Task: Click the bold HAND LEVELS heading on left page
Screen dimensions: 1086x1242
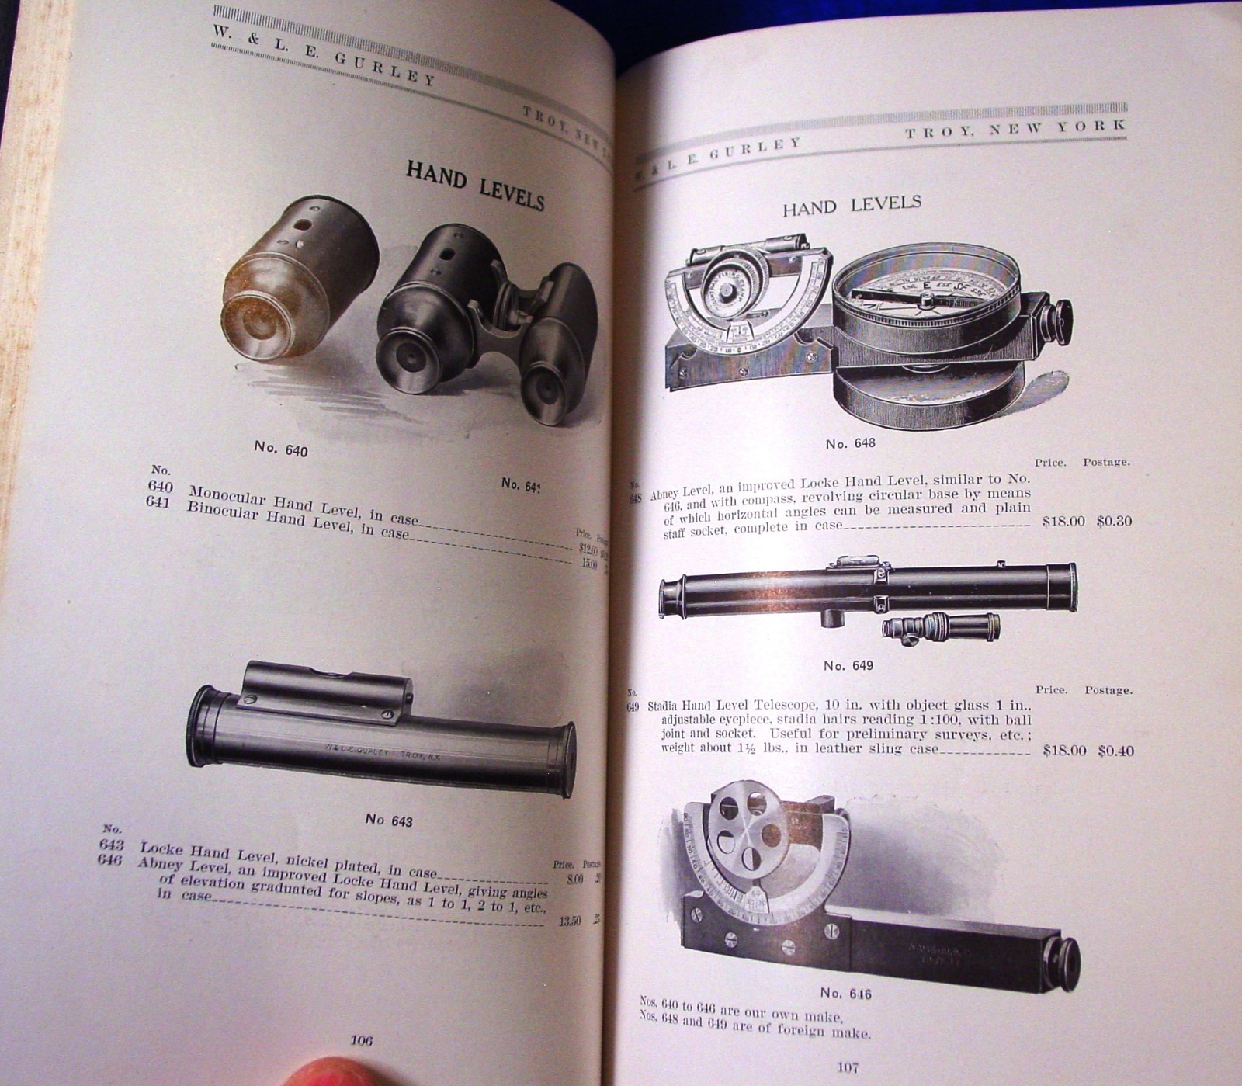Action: (474, 186)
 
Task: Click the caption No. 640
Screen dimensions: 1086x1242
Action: (280, 449)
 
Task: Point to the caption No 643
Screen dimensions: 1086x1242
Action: (389, 820)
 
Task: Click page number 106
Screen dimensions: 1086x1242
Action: (362, 1040)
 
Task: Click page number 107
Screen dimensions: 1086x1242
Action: (847, 1067)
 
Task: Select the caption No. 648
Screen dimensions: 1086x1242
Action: (850, 443)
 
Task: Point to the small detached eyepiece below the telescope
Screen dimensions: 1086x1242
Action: (939, 626)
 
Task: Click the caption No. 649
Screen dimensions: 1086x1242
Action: (848, 665)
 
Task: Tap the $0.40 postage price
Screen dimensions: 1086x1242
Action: (1115, 751)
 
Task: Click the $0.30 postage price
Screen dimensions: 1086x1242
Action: (1114, 522)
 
